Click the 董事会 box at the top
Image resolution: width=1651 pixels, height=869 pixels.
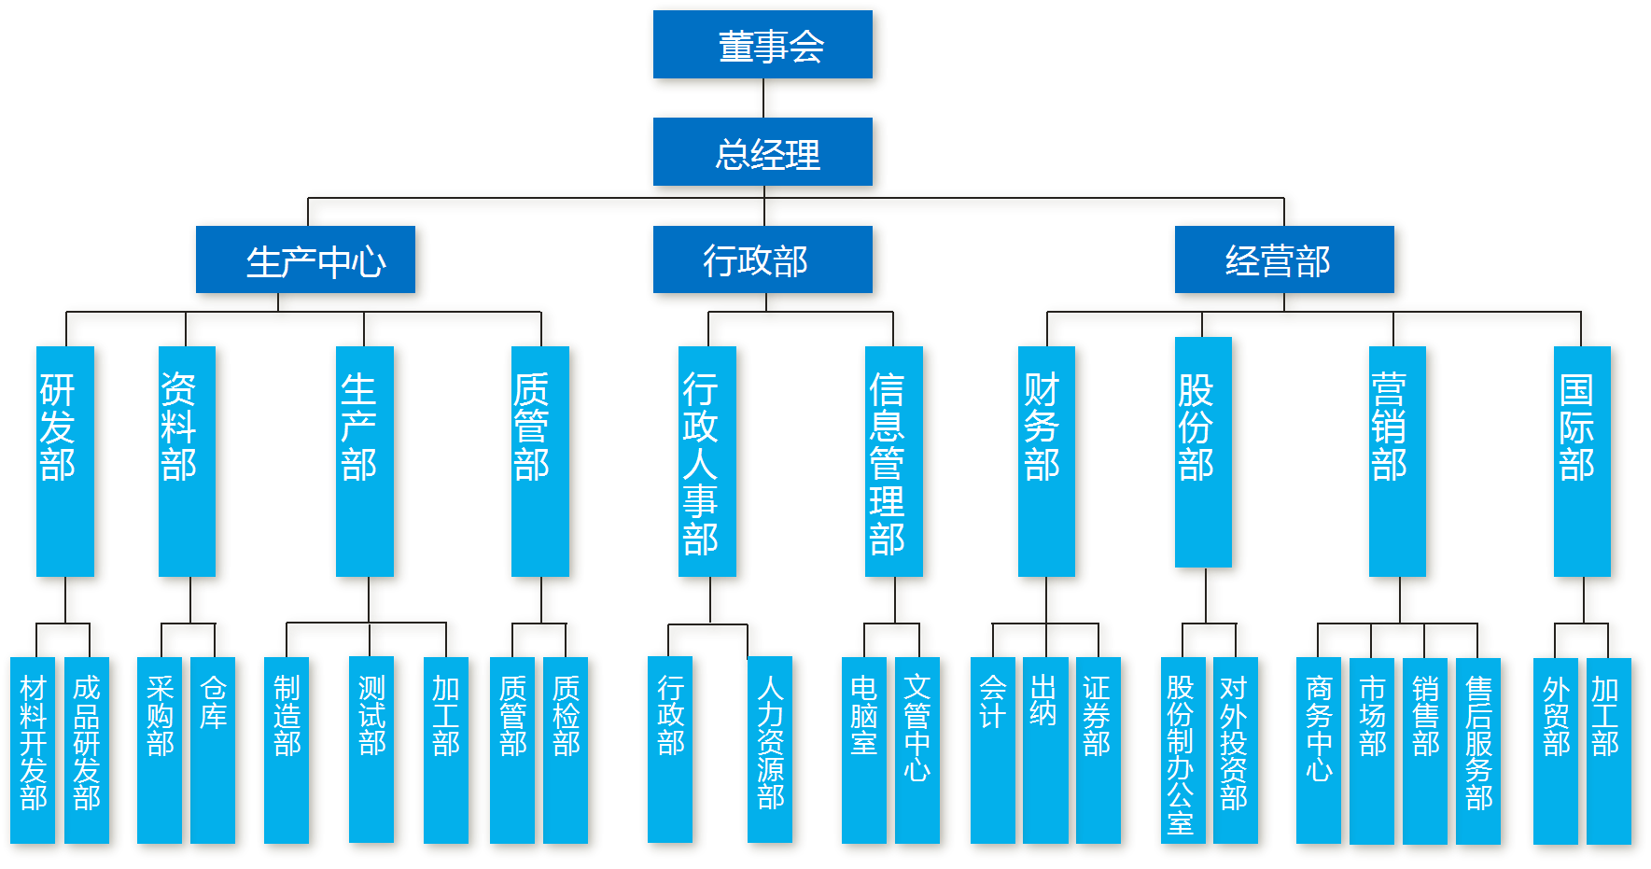[766, 47]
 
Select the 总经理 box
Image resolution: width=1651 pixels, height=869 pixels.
[766, 154]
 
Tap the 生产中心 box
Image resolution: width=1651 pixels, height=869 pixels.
[309, 262]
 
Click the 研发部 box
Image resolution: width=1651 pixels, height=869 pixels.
[66, 462]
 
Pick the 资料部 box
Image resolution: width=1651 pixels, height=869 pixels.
[188, 462]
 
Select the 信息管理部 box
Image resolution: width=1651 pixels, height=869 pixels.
[894, 462]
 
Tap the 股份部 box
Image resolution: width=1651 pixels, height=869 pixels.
[1204, 453]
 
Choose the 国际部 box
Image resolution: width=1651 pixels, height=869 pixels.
[1583, 462]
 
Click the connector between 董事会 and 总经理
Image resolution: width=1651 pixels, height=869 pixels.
[766, 101]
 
